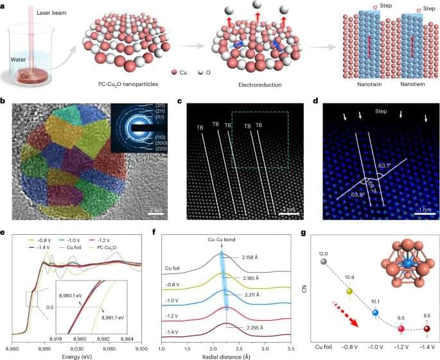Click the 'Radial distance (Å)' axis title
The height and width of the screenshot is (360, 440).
(225, 352)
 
